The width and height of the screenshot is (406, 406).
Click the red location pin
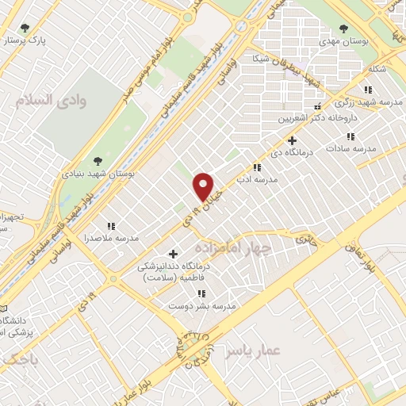pyautogui.click(x=205, y=186)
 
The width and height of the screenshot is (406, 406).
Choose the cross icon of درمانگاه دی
pyautogui.click(x=293, y=140)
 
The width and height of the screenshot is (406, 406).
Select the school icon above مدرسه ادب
pyautogui.click(x=256, y=167)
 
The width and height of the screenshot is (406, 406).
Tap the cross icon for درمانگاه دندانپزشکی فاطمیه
pyautogui.click(x=173, y=254)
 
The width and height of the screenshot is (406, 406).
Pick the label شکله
pyautogui.click(x=377, y=69)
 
